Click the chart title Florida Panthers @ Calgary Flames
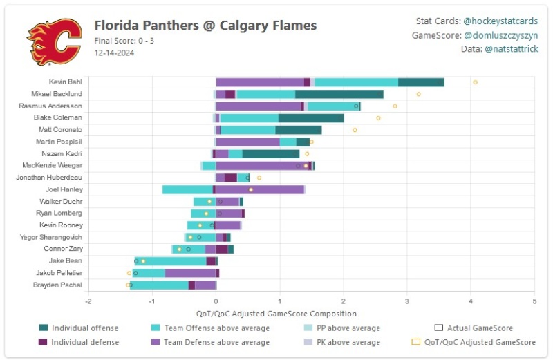[x=205, y=26]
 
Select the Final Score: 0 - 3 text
[x=124, y=40]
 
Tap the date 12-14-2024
[x=114, y=52]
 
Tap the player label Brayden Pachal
[x=57, y=285]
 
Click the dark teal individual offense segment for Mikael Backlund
[x=339, y=94]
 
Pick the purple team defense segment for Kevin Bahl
[x=260, y=82]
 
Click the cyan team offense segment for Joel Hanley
[x=187, y=189]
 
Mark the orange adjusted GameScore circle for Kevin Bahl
[x=475, y=82]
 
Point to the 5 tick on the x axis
[x=534, y=301]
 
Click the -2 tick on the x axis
[x=88, y=301]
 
